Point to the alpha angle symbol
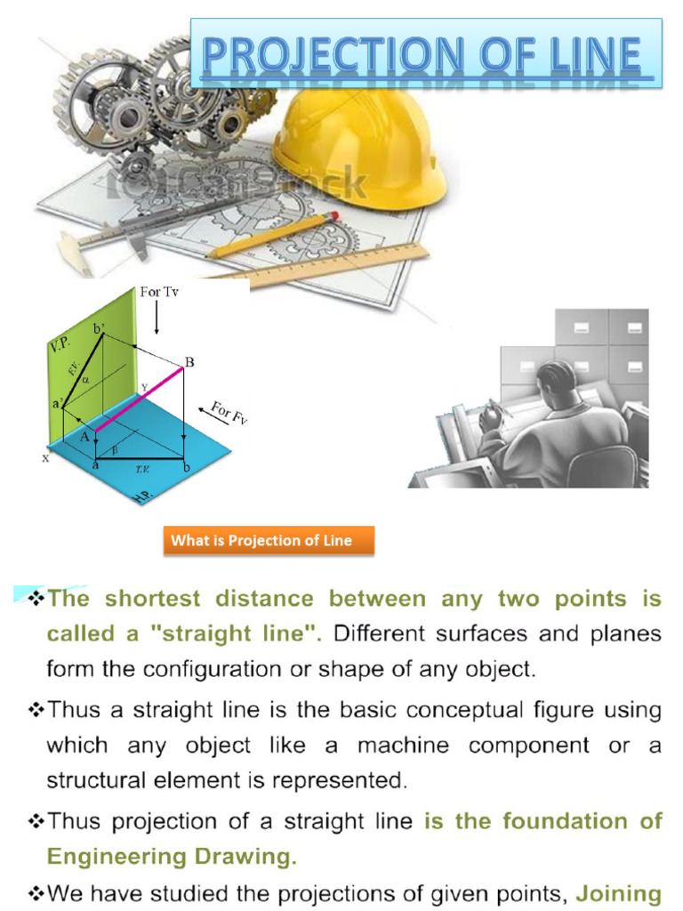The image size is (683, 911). coord(85,379)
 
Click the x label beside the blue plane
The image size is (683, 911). coord(44,459)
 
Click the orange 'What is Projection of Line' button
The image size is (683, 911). coord(268,540)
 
